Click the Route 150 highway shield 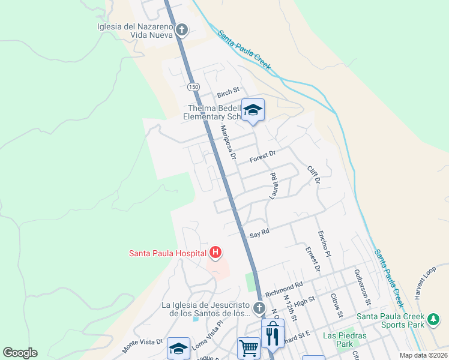point(193,87)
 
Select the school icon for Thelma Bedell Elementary point(253,110)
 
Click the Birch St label point(228,92)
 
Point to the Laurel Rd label point(274,185)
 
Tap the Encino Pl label point(325,245)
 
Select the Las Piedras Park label point(337,340)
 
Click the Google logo point(20,353)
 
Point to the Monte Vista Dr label point(143,343)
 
